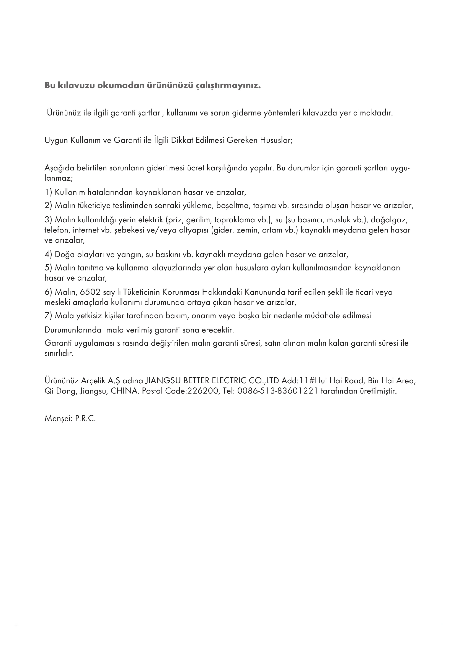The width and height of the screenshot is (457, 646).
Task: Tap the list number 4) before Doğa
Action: tap(48, 255)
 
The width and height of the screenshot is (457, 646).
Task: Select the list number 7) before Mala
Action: tap(48, 316)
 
